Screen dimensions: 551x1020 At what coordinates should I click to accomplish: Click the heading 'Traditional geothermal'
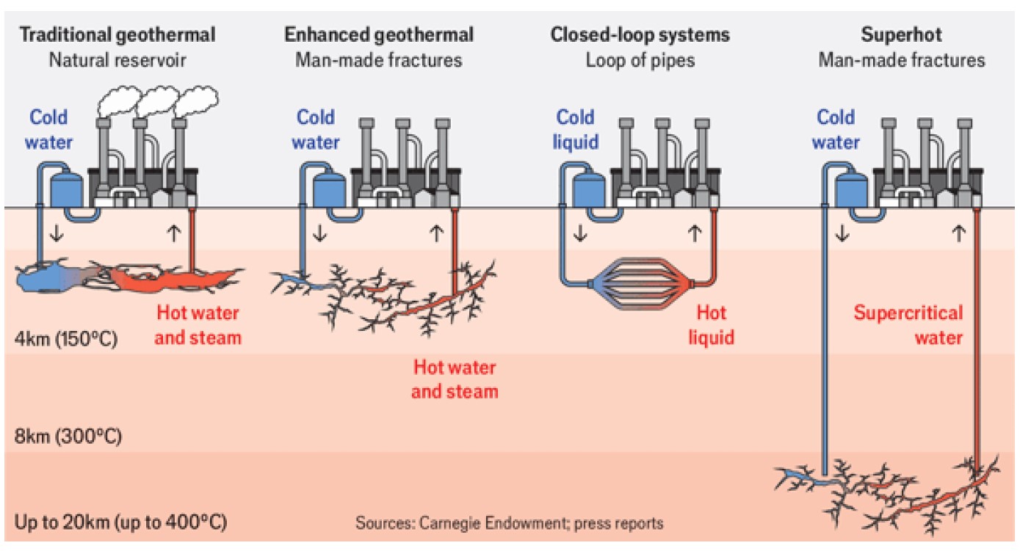point(117,34)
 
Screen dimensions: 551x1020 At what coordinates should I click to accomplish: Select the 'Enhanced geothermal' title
point(379,34)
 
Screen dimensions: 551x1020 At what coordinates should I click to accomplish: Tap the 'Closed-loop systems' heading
point(640,34)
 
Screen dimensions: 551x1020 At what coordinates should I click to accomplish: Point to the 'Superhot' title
point(902,34)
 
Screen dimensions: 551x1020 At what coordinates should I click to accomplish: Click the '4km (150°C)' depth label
point(65,340)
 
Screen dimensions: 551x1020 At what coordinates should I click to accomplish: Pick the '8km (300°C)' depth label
point(68,437)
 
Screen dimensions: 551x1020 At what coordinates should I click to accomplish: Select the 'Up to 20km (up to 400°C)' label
point(120,524)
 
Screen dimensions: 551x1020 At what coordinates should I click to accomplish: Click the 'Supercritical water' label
point(908,326)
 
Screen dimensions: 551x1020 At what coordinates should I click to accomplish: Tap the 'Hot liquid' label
point(711,325)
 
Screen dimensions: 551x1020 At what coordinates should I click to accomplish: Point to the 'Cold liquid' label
point(575,129)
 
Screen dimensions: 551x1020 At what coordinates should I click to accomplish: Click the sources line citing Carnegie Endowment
point(510,524)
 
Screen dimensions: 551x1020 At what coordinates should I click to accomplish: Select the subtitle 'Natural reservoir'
point(117,59)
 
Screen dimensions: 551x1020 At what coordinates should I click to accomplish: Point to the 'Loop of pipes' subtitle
point(640,59)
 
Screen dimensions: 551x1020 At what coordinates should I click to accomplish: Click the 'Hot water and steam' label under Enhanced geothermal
point(455,379)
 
